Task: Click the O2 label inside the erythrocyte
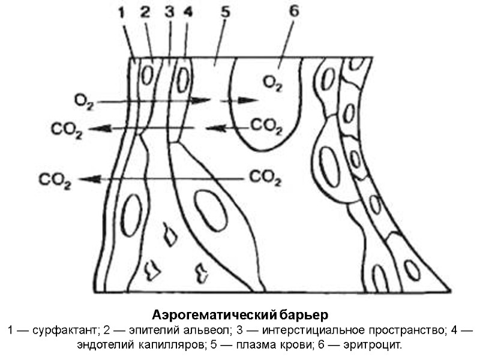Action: [x=272, y=83]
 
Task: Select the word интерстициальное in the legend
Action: [x=311, y=331]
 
